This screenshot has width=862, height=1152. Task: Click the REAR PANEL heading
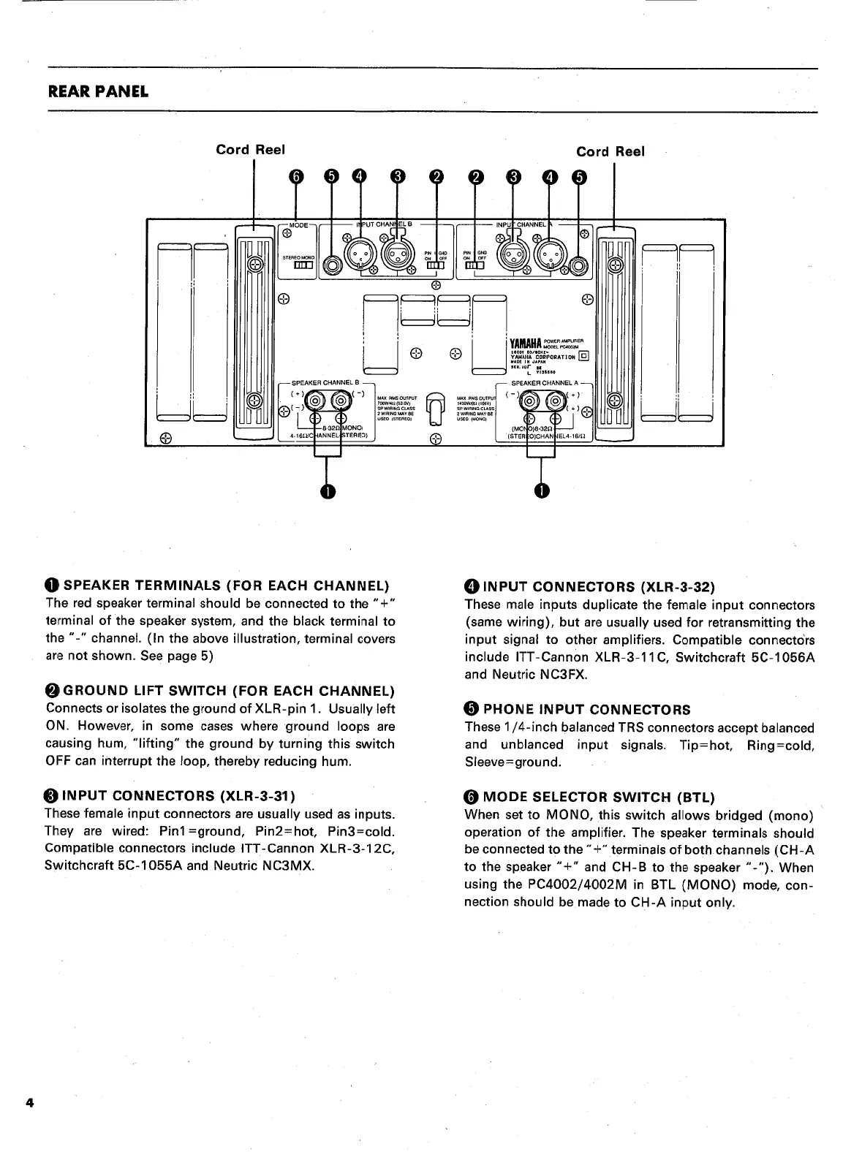pos(98,92)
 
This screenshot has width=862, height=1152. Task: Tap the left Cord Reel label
pos(249,150)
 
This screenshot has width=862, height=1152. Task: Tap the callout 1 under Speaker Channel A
pos(540,490)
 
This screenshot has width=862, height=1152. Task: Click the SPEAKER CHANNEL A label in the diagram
pos(544,383)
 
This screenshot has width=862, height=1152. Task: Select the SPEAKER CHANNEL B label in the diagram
pos(326,383)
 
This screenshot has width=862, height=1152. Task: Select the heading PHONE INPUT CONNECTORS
pos(584,710)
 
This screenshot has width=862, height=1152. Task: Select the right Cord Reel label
pos(610,151)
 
